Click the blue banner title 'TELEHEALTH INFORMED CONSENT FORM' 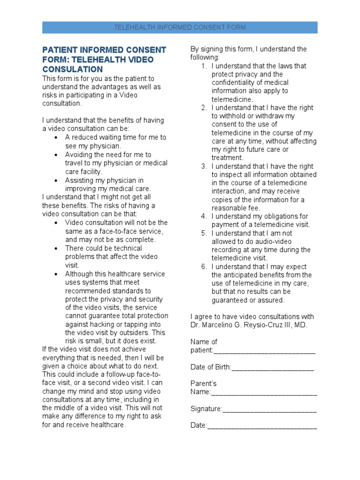click(x=180, y=28)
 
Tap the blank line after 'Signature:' click(x=270, y=409)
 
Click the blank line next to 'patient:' click(x=264, y=351)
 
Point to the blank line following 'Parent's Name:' click(x=264, y=392)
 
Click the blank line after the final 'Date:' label click(x=262, y=426)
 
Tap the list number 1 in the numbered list click(x=204, y=66)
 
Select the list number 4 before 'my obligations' click(x=204, y=216)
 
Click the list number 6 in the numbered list click(x=204, y=267)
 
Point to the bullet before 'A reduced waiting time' click(x=56, y=138)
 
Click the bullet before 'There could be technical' click(x=56, y=248)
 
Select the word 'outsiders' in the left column click(x=135, y=333)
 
